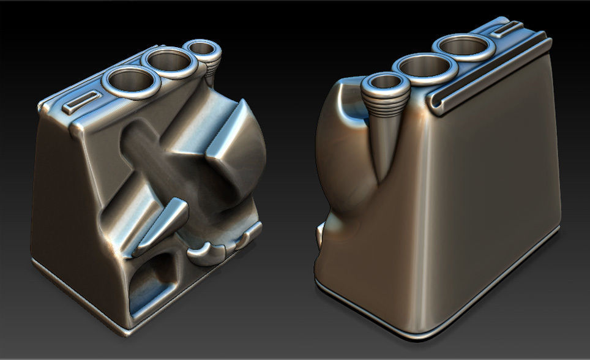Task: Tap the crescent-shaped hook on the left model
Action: pos(206,251)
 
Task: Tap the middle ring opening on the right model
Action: pos(426,66)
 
